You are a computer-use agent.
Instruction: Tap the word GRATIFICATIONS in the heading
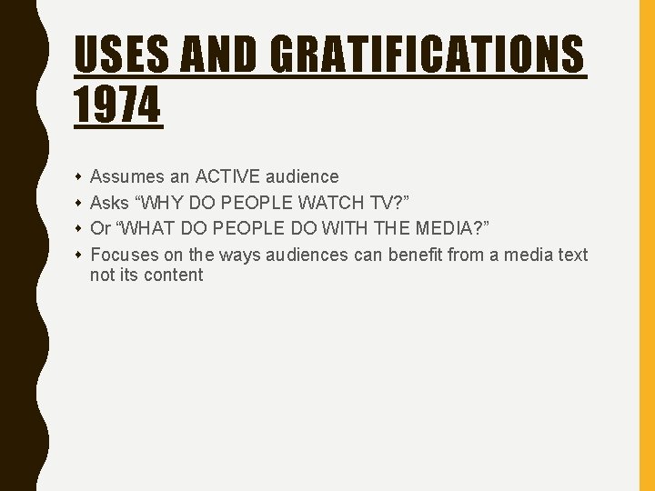427,55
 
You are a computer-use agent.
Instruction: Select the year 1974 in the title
117,105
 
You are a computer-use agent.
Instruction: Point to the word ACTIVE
227,176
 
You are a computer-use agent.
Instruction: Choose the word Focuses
125,256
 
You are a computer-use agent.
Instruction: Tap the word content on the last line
173,276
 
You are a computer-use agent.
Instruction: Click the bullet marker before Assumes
79,176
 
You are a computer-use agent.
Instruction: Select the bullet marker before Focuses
79,256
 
